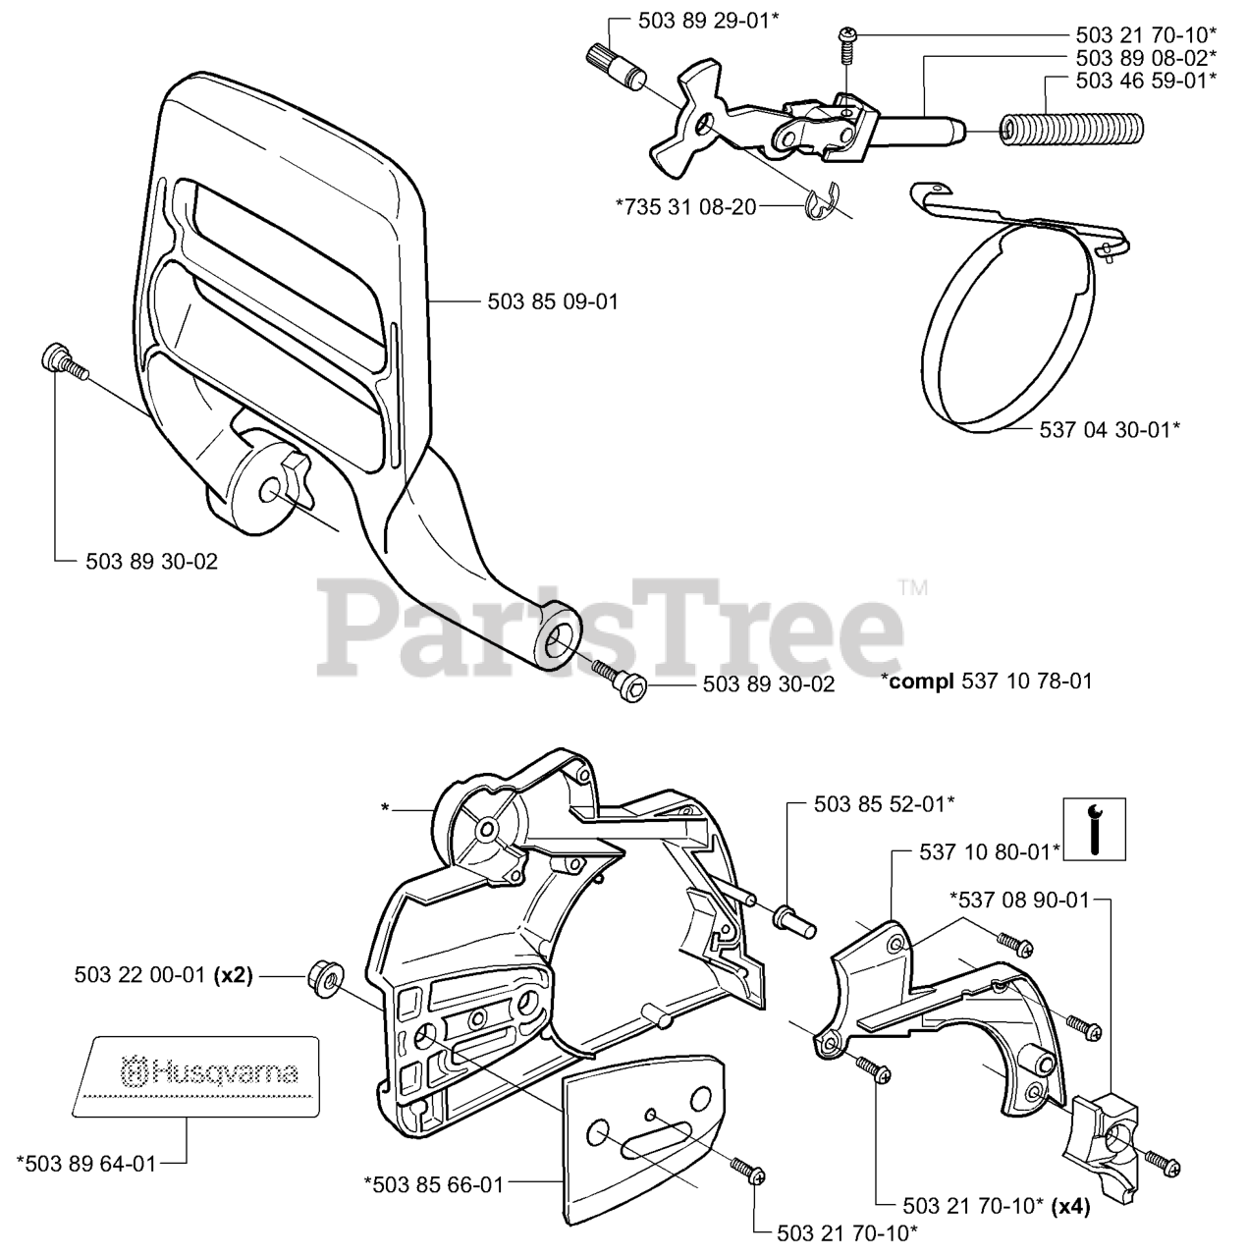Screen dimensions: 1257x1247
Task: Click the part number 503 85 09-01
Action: (553, 301)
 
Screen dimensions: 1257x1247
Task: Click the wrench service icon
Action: (1095, 829)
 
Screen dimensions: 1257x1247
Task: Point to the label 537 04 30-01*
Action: (1109, 429)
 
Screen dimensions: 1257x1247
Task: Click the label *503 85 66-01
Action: (433, 1185)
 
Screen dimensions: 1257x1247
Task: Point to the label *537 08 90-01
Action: (1019, 899)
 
